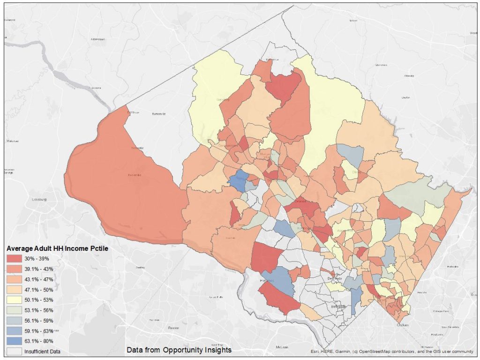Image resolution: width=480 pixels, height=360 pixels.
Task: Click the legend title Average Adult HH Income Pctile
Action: click(x=57, y=248)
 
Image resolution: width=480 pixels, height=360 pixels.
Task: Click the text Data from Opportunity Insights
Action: click(x=179, y=350)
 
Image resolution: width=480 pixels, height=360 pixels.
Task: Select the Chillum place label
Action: click(x=400, y=325)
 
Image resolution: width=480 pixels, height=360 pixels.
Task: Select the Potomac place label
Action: click(x=267, y=280)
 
